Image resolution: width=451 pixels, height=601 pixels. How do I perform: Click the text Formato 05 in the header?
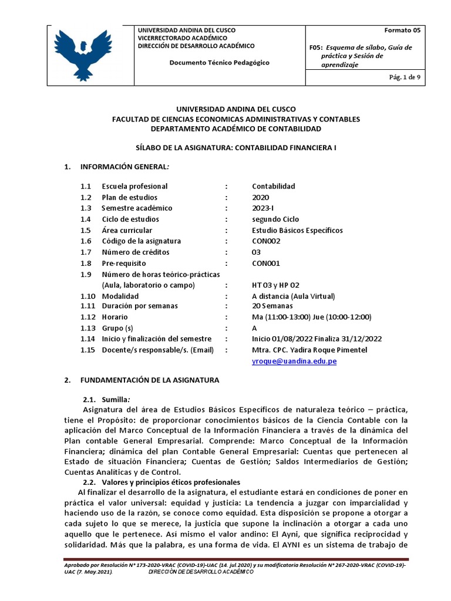(402, 30)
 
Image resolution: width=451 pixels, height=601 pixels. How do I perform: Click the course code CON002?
(266, 241)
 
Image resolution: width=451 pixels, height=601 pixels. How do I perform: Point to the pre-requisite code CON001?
(266, 264)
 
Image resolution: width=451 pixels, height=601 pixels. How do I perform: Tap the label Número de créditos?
(136, 252)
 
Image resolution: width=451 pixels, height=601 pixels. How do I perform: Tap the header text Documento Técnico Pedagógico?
(220, 63)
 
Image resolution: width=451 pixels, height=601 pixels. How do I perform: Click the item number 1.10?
(88, 296)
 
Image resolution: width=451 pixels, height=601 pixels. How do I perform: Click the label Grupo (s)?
(117, 328)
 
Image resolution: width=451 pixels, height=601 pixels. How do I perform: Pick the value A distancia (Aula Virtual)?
(293, 296)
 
